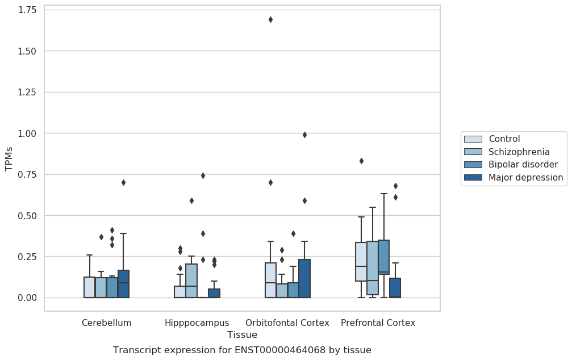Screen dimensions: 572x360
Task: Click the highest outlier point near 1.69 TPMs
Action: coord(271,20)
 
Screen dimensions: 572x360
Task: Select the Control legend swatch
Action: coord(473,139)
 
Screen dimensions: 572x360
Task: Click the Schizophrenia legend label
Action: coord(519,152)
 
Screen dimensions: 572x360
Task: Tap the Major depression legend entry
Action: coord(513,177)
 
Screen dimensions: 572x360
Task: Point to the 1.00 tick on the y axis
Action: coord(27,133)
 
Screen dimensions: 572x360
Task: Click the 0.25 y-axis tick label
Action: coord(27,257)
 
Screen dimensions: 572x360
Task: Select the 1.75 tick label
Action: coord(27,10)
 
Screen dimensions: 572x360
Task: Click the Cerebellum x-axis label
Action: coord(107,323)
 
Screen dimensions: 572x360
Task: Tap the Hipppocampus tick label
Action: coord(197,323)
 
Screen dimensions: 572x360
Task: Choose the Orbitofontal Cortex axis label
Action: coord(287,323)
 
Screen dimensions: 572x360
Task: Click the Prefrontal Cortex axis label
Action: coord(378,323)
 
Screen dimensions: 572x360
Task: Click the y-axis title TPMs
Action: coord(9,159)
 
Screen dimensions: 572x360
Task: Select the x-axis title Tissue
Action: coord(242,334)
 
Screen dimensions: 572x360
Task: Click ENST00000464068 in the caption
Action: coord(280,350)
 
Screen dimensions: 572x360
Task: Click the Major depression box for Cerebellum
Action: coord(124,284)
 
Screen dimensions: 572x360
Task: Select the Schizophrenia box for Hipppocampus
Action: coord(191,281)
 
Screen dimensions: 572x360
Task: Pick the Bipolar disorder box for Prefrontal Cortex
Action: coord(384,257)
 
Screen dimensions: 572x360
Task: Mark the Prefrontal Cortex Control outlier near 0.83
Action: coord(361,161)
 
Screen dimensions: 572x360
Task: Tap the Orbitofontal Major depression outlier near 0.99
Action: coord(304,135)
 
